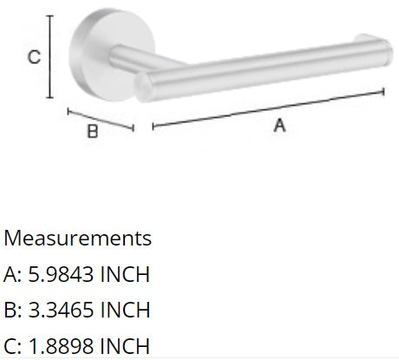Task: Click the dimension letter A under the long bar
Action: pyautogui.click(x=280, y=126)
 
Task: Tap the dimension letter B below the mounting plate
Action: pyautogui.click(x=91, y=134)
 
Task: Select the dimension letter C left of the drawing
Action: pyautogui.click(x=32, y=58)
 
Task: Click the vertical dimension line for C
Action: pyautogui.click(x=51, y=57)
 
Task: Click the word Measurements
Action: pyautogui.click(x=78, y=238)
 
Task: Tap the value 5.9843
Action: pyautogui.click(x=60, y=274)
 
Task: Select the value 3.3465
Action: pyautogui.click(x=60, y=310)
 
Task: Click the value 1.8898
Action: pyautogui.click(x=60, y=344)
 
